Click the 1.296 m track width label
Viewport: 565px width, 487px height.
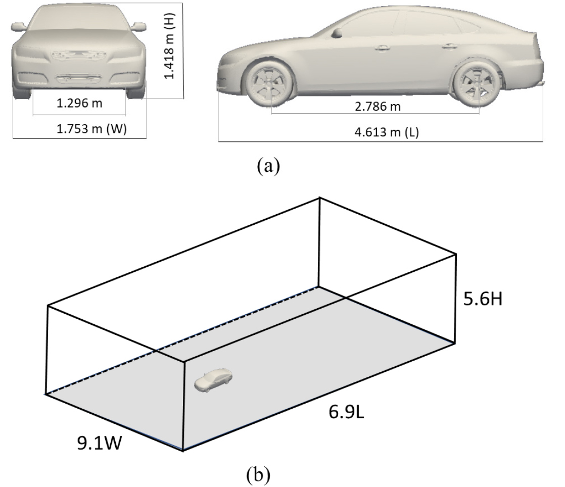coord(79,104)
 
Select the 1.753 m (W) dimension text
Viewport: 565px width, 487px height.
coord(91,129)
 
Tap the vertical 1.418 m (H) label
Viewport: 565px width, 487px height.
coord(169,46)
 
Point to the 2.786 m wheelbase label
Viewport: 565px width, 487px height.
coord(378,107)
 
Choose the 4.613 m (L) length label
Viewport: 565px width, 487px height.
coord(387,132)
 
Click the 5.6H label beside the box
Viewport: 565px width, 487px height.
coord(483,299)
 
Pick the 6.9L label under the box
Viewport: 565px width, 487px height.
coord(346,412)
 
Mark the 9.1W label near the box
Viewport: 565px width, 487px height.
coord(100,443)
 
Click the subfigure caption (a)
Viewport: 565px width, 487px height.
coord(268,166)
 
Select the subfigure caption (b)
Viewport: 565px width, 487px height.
coord(258,475)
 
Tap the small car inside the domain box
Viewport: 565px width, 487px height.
coord(213,380)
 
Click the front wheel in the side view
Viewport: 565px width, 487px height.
coord(269,83)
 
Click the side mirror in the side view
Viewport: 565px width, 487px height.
coord(337,33)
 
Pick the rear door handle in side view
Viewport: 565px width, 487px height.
coord(449,46)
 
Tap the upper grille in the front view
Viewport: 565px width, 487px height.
coord(79,55)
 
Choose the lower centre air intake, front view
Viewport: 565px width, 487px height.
coord(79,78)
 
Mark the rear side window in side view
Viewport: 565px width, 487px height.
coord(429,24)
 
